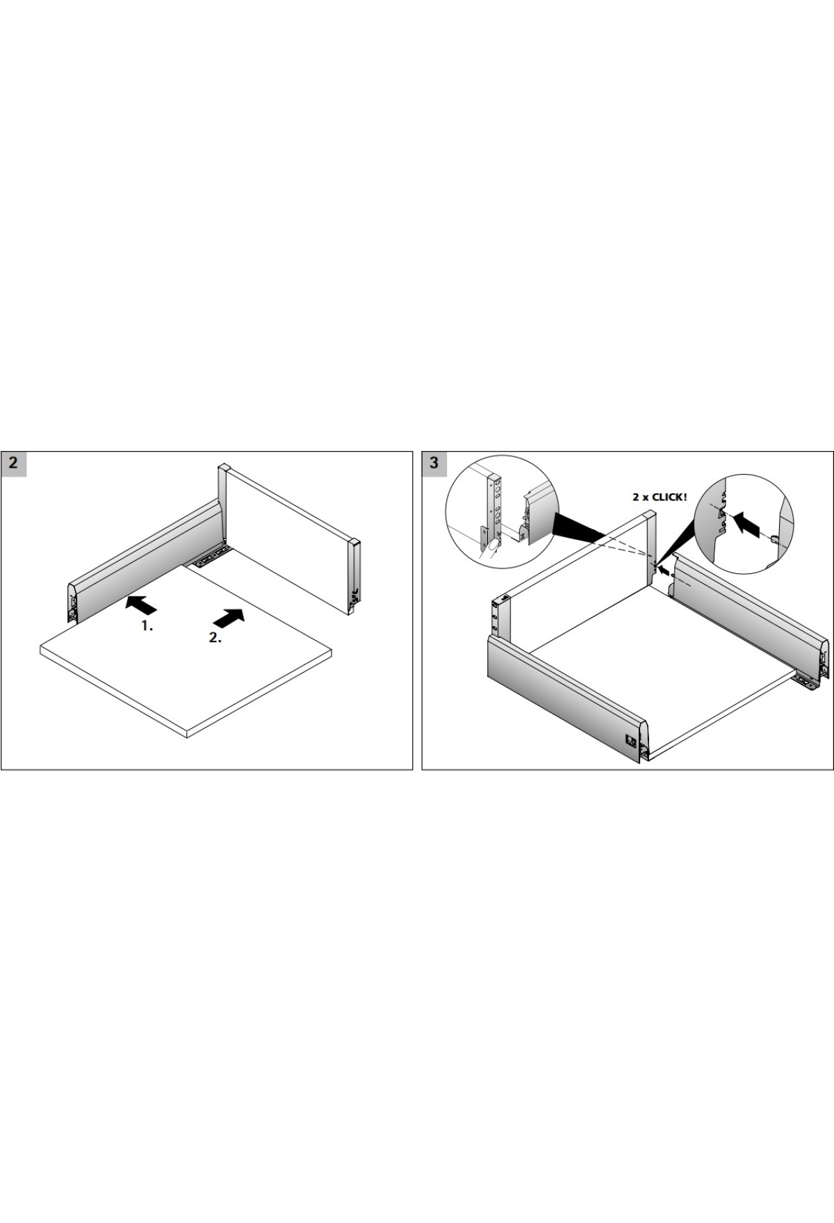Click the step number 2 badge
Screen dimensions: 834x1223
14,463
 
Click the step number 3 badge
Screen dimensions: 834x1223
435,463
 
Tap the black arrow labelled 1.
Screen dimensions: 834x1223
141,605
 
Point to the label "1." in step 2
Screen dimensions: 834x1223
147,625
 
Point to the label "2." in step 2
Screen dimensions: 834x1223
215,637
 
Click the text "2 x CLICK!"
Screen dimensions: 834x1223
660,498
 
